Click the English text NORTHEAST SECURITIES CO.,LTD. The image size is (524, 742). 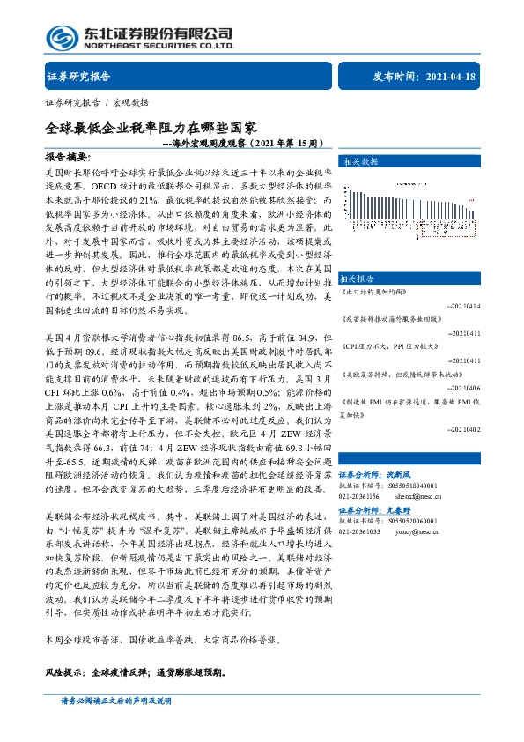(159, 45)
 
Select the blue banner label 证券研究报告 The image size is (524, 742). (78, 77)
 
